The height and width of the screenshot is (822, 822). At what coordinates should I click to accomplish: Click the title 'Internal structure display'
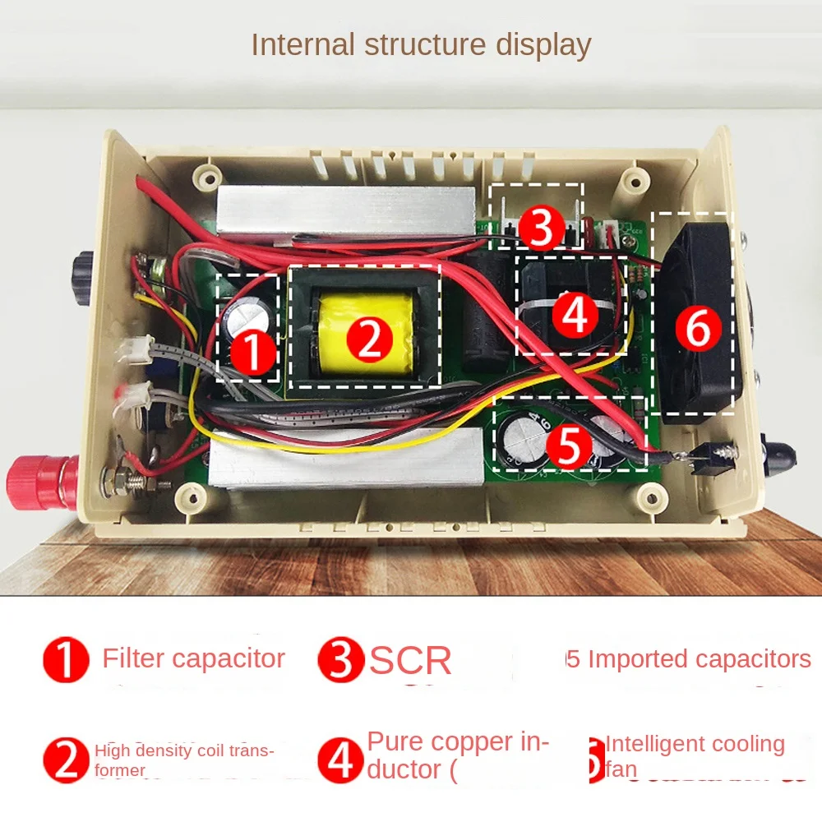coord(421,44)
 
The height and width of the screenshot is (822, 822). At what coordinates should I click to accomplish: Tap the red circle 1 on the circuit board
coord(252,353)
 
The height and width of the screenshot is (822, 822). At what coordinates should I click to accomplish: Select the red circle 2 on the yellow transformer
coord(368,337)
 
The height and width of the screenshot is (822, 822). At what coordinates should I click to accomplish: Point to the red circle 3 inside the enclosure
coord(540,229)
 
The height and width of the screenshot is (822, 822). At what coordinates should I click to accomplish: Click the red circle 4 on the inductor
coord(574,313)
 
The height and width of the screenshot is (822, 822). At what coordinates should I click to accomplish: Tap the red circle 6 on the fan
coord(697,329)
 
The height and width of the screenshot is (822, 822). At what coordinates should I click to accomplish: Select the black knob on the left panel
coord(84,274)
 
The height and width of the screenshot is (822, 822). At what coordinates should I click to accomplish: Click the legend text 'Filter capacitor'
coord(193,658)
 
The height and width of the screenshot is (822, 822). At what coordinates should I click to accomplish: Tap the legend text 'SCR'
coord(411,661)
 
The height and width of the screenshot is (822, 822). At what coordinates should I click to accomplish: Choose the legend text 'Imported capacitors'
coord(700,659)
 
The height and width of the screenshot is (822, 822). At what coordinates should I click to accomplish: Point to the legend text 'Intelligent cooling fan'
coord(695,755)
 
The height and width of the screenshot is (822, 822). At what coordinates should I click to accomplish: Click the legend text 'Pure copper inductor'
coord(457,755)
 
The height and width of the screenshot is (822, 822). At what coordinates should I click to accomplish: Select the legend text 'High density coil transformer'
coord(184,759)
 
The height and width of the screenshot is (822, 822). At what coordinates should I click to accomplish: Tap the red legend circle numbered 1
coord(66,660)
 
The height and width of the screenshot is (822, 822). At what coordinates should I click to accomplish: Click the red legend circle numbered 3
coord(339,660)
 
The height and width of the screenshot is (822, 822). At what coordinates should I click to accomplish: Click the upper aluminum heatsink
coord(345,210)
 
